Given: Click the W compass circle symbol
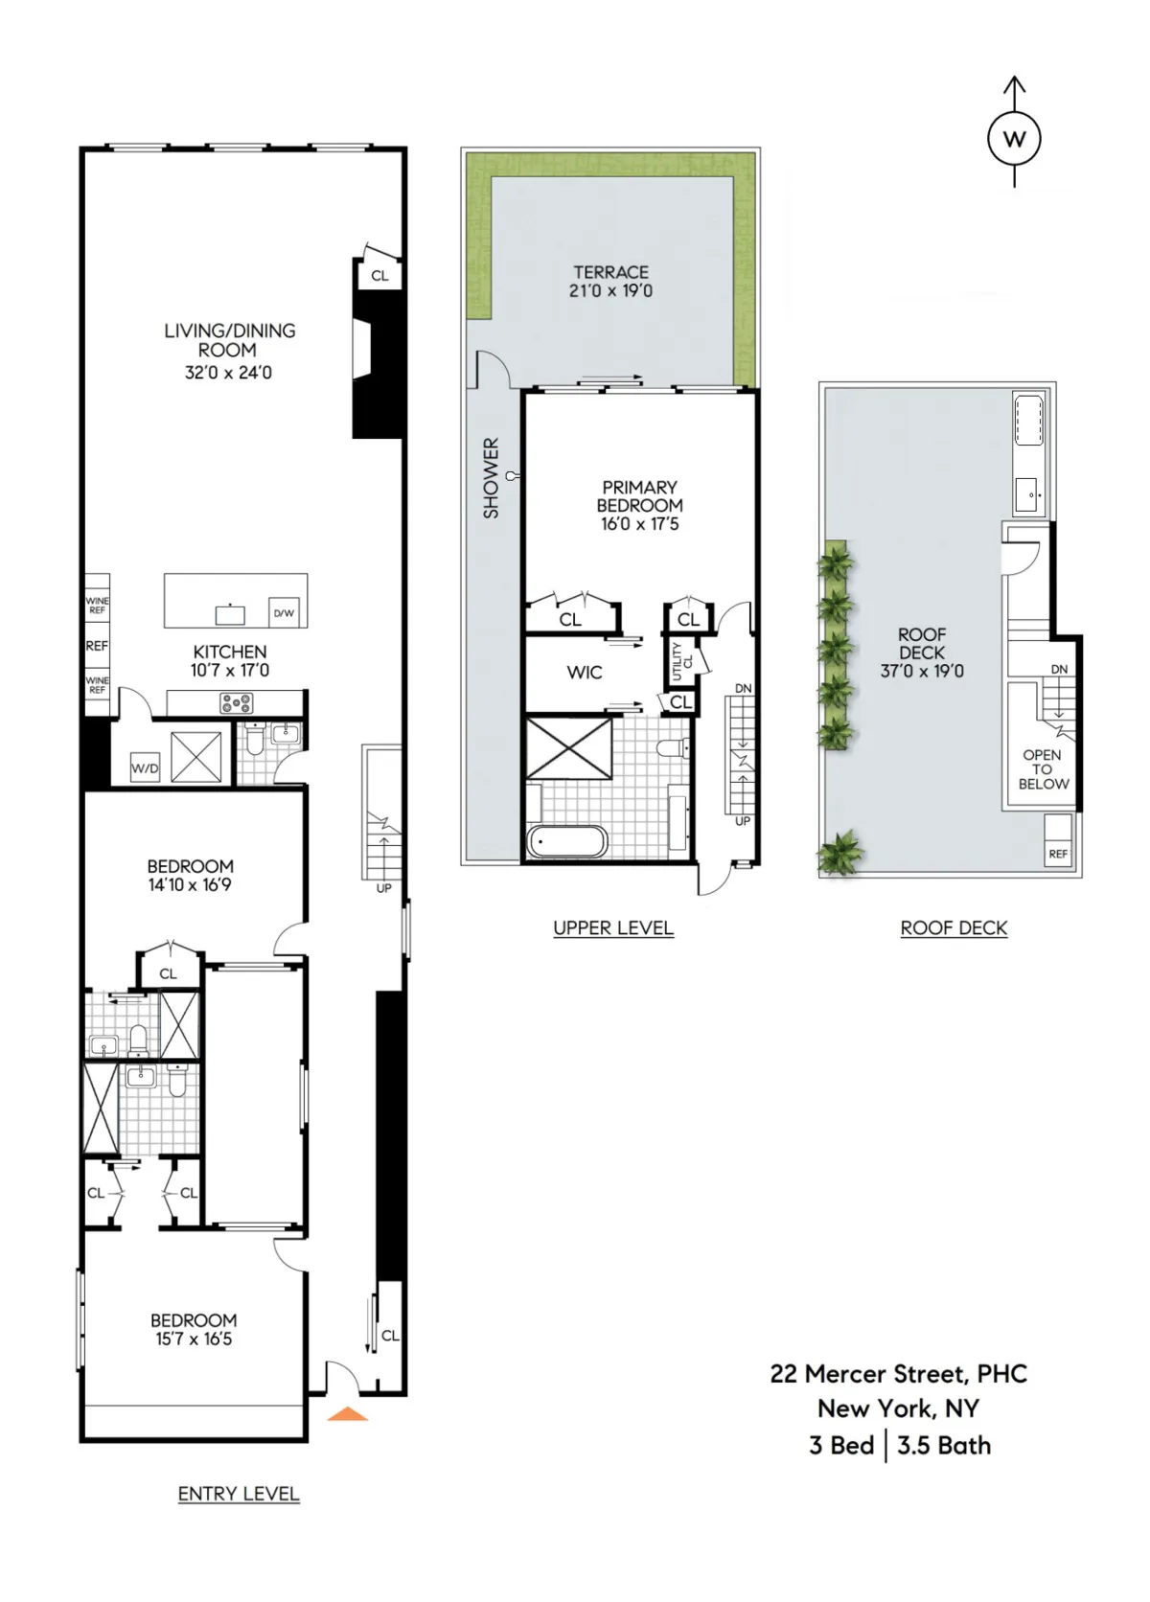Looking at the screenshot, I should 1014,139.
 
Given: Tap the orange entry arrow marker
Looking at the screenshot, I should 348,1413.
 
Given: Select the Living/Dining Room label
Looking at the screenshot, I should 229,340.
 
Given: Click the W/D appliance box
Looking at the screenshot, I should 145,768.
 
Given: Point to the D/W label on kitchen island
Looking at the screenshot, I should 284,613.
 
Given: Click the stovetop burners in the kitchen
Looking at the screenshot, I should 237,703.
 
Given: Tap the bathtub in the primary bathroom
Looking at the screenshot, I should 566,842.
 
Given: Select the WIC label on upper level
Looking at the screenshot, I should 584,673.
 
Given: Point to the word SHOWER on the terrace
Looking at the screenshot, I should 491,478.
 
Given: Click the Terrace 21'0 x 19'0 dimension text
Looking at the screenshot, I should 610,290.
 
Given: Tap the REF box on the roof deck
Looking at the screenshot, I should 1058,854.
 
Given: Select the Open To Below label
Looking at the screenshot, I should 1043,769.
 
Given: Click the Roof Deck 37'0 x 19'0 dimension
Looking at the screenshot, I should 922,671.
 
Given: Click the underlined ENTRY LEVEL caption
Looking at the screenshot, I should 239,1494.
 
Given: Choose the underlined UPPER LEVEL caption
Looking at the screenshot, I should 613,927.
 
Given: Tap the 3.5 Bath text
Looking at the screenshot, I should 944,1446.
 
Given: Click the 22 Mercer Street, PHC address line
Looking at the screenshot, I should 898,1374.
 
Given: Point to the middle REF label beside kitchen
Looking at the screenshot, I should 97,646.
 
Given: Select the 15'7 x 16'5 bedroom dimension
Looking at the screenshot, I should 194,1339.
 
